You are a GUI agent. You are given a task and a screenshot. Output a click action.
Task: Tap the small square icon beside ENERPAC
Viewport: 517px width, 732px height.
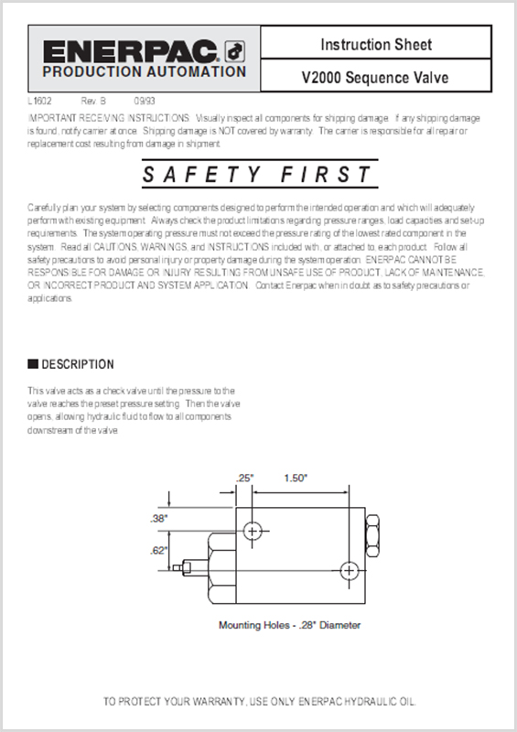(233, 49)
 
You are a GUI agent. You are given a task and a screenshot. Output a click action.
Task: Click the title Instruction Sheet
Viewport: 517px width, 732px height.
(375, 44)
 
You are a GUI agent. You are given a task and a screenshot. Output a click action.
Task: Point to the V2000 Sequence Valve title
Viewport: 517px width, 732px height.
(375, 77)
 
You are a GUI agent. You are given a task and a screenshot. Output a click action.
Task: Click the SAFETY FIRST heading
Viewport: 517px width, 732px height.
(258, 175)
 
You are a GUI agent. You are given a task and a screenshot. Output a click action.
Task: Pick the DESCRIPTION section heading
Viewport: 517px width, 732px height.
(78, 364)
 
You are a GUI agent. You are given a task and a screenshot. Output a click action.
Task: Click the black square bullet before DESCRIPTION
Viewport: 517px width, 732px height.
(33, 364)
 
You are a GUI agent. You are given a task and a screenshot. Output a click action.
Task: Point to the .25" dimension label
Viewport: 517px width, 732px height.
(244, 478)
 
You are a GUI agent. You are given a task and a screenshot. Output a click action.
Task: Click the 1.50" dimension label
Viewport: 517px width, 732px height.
(296, 478)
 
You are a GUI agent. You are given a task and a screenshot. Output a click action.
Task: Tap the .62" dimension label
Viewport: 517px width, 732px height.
(158, 551)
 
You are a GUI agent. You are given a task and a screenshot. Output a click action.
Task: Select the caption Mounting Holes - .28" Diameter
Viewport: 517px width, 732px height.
(289, 626)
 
